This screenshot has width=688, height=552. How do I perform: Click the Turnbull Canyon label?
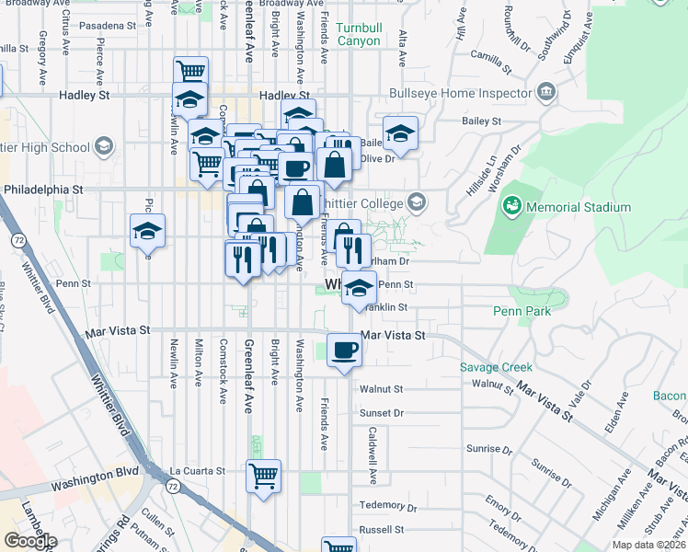(358, 35)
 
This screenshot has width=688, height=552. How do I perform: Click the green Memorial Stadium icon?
(512, 206)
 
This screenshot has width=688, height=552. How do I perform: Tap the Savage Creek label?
(497, 368)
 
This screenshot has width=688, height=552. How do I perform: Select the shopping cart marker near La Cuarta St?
(263, 477)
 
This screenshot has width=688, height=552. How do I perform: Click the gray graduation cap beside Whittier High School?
(103, 147)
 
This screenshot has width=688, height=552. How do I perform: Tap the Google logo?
(30, 541)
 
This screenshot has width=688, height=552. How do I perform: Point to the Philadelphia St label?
(43, 189)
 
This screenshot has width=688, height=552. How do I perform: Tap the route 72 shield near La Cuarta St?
(172, 482)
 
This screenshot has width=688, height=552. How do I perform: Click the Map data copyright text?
(649, 545)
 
